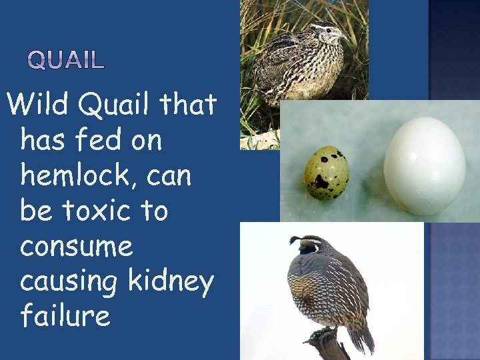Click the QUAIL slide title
click(66, 61)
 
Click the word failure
click(65, 315)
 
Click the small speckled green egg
click(326, 173)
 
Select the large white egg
click(424, 165)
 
